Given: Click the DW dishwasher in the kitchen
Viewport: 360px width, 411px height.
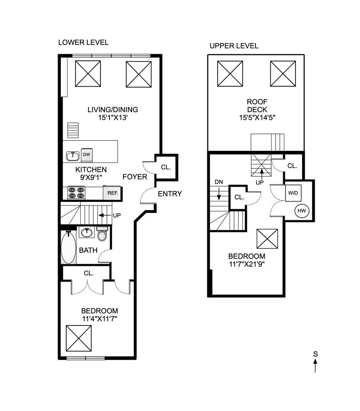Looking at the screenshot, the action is click(x=86, y=155).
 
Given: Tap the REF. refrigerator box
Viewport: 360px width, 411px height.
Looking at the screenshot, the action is click(x=113, y=193).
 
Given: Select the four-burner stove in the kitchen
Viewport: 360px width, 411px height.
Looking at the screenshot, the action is click(x=76, y=193).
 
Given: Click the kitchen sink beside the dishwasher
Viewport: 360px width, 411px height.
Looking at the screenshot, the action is click(x=73, y=156).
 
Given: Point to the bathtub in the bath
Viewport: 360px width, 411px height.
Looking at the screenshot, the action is click(x=68, y=247).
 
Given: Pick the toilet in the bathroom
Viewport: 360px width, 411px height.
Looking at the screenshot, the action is click(x=102, y=233).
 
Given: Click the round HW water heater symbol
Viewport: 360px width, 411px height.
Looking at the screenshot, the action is click(x=302, y=211).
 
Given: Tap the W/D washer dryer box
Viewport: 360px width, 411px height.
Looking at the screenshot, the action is click(x=293, y=193).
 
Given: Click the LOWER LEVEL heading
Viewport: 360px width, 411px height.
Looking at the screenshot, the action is click(x=83, y=42).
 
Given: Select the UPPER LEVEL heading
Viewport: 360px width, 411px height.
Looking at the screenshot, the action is click(x=234, y=46).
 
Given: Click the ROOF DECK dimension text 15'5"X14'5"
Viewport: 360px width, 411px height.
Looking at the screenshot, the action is click(x=257, y=118).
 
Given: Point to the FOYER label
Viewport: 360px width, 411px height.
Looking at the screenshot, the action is click(x=135, y=177).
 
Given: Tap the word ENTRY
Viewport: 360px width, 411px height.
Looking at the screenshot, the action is click(x=170, y=194).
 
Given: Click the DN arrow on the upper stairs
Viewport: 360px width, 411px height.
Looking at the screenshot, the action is click(x=219, y=194).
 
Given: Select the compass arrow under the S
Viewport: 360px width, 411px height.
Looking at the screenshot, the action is click(x=315, y=365).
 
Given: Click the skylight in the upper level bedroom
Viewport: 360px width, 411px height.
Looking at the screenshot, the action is click(x=267, y=239).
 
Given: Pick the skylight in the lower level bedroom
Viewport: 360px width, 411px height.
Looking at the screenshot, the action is click(x=79, y=338).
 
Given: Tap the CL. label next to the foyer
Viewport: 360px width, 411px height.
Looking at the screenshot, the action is click(x=166, y=167).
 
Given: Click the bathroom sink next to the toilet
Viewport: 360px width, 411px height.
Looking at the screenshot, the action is click(x=86, y=232).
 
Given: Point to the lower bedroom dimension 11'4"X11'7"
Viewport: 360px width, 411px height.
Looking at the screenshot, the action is click(x=100, y=319).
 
